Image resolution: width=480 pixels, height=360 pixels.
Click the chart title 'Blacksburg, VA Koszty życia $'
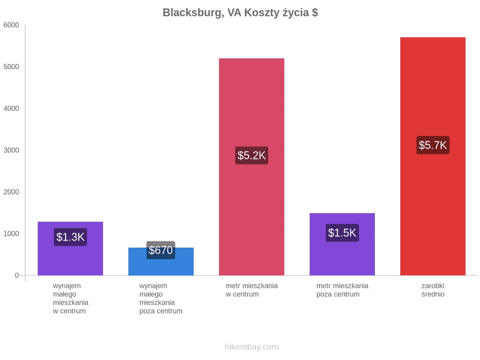[241, 13]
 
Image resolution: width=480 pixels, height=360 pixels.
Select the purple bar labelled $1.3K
[70, 249]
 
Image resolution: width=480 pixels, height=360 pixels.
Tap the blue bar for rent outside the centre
[161, 261]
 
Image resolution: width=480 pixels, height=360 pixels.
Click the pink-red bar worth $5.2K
[252, 167]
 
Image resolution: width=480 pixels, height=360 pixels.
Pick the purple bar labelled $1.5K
[342, 244]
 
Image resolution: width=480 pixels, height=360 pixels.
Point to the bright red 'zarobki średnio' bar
[433, 156]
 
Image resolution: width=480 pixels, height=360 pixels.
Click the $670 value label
[161, 250]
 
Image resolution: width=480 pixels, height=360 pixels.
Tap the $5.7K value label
[433, 145]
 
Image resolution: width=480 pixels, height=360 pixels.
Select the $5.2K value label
[252, 155]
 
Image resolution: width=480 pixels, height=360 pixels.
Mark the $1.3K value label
[70, 237]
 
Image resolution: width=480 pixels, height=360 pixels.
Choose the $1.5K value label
[342, 233]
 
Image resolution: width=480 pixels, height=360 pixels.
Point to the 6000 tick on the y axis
[11, 25]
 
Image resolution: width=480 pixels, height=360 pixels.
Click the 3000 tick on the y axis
[11, 150]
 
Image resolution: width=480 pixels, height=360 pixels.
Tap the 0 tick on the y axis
[17, 276]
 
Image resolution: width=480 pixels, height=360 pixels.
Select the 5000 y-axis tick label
[11, 67]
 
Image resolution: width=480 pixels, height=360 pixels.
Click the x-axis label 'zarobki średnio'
[433, 290]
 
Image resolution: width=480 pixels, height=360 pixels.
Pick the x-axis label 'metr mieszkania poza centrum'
[342, 290]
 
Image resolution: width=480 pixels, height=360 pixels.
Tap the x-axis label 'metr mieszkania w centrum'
[252, 290]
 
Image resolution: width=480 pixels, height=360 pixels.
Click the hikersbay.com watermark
[252, 347]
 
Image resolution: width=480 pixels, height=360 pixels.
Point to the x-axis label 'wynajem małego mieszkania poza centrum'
[161, 299]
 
